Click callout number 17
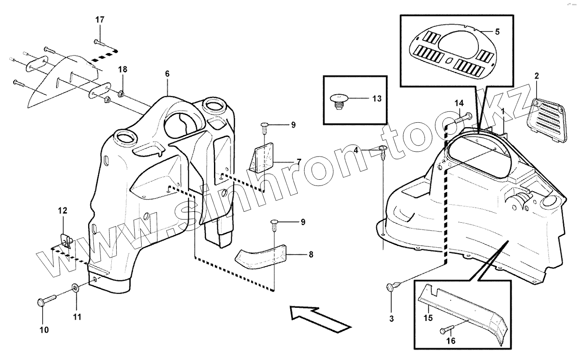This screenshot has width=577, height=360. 100,20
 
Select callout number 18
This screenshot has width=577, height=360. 123,70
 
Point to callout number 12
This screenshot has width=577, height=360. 62,211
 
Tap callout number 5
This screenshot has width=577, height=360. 497,32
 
